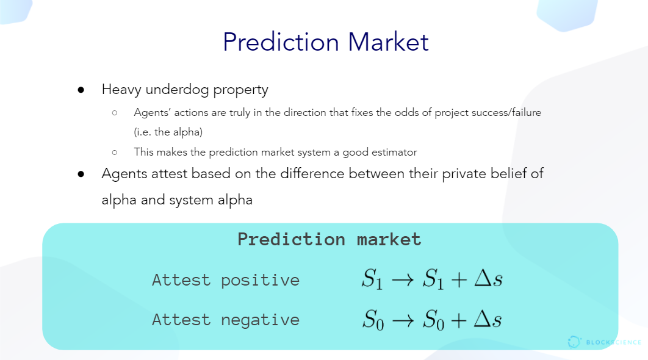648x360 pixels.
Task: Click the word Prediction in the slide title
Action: click(281, 41)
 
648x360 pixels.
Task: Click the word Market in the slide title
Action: click(389, 41)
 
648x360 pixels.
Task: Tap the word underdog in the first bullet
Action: click(178, 90)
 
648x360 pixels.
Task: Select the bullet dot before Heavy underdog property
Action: click(81, 90)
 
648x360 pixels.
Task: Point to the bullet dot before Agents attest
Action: click(81, 174)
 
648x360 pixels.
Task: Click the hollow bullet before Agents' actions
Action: click(115, 112)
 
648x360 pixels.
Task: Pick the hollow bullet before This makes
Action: click(115, 152)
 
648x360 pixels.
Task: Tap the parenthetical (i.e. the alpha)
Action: click(168, 132)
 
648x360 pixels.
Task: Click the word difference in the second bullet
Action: click(312, 174)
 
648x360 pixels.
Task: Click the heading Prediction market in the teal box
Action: click(329, 240)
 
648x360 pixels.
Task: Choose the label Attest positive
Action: click(226, 281)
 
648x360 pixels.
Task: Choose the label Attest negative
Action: click(226, 320)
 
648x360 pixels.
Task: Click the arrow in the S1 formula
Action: click(403, 280)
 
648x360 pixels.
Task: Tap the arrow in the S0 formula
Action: click(403, 320)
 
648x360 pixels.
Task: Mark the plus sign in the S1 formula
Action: click(459, 280)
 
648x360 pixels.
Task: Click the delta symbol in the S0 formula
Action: click(482, 319)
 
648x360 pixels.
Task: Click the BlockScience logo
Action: click(604, 342)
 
